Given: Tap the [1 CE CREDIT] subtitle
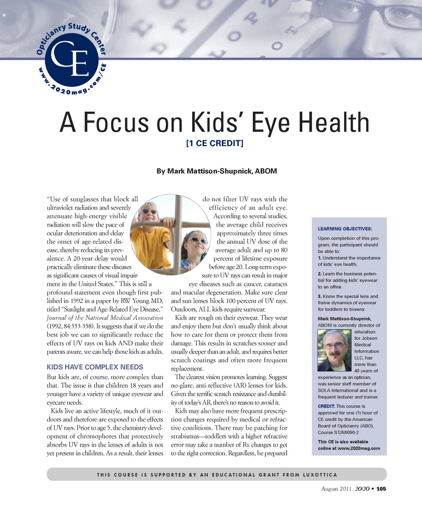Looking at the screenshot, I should tap(215, 144).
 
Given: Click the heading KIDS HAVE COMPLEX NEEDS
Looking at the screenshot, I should tap(95, 367).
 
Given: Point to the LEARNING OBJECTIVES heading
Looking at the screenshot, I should tap(345, 229).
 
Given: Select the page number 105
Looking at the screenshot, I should tap(381, 489).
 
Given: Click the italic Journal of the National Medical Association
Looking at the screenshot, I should tap(105, 318).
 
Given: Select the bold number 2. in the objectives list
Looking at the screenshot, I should tap(320, 274).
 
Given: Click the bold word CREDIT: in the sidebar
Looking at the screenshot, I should tap(326, 406).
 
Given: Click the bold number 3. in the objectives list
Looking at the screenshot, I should tap(320, 296).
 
